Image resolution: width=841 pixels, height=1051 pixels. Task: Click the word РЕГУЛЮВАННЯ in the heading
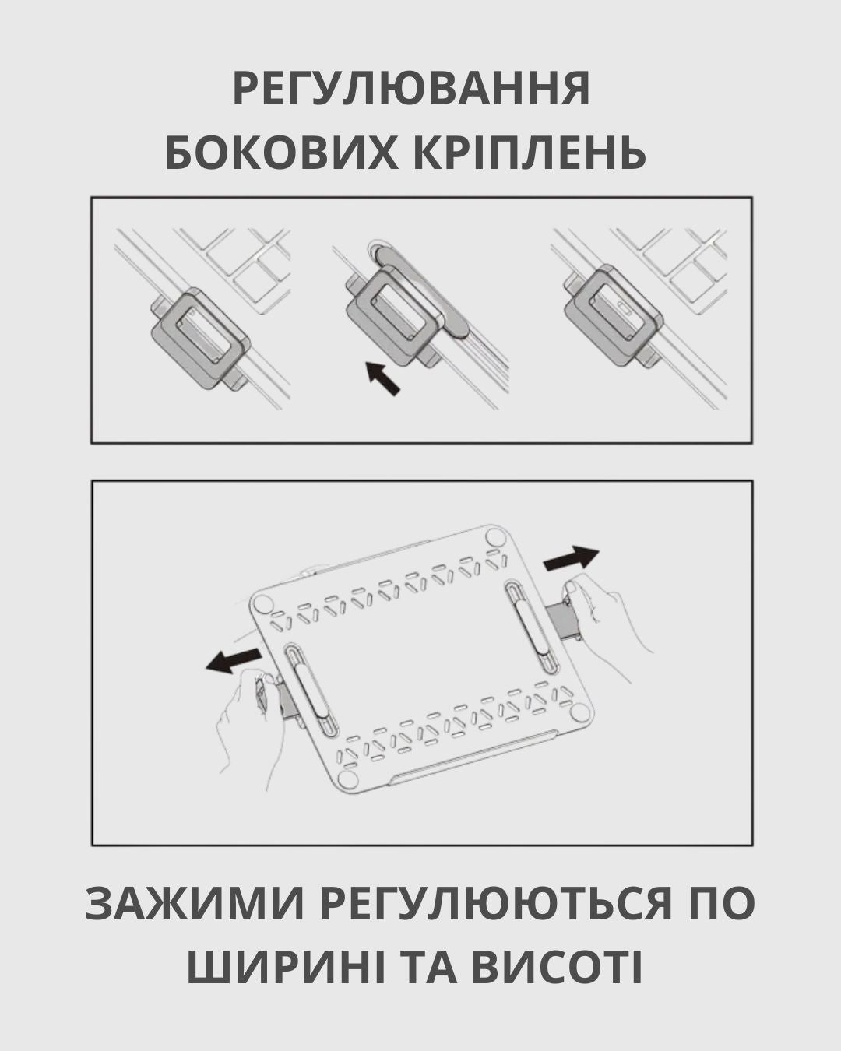tap(411, 89)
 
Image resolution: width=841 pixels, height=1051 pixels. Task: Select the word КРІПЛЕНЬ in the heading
tap(529, 152)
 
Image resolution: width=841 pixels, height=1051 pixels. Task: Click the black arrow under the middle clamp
tap(383, 378)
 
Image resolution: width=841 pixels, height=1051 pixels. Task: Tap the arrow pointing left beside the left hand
tap(233, 660)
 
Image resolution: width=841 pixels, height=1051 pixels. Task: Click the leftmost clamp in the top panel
tap(200, 339)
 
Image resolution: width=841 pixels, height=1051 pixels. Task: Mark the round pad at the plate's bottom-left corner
tap(348, 779)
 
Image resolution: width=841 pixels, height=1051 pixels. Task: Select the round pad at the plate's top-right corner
tap(496, 537)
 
